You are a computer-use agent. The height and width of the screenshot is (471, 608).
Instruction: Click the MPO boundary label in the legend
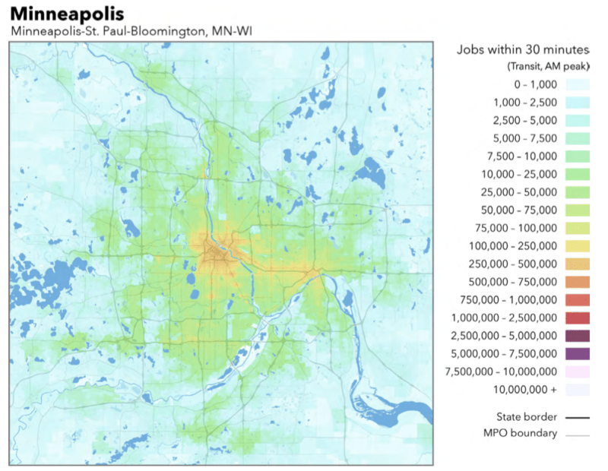pos(520,434)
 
